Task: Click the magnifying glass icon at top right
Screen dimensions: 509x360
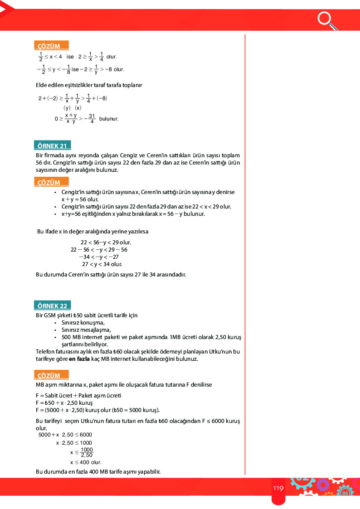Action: pos(326,19)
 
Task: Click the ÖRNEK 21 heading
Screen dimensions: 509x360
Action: pos(53,146)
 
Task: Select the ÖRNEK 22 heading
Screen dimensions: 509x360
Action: pos(53,306)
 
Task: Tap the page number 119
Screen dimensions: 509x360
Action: pos(278,488)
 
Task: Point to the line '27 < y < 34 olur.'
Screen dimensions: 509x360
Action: pos(102,264)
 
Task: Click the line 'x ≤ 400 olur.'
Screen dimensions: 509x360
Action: pos(85,462)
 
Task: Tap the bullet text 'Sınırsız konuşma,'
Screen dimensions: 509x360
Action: pos(83,323)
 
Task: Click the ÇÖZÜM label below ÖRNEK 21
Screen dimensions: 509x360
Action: pos(49,183)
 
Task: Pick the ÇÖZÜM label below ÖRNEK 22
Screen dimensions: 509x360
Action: pos(49,375)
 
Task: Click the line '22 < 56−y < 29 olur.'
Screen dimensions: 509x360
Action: pos(106,242)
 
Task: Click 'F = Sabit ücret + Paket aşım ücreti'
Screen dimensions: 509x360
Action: pos(78,395)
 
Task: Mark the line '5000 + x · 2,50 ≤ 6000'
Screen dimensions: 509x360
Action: pos(65,435)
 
